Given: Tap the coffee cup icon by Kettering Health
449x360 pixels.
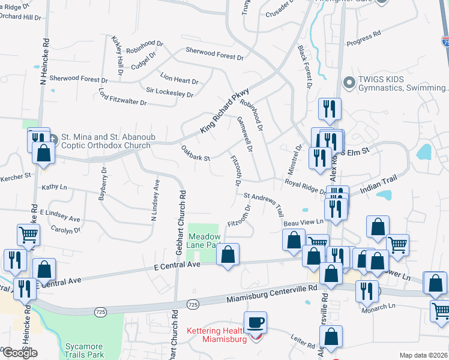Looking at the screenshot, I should (256, 323).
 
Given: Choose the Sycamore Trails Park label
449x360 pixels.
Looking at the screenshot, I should (84, 350).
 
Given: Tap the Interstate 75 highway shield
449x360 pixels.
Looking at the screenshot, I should (445, 42).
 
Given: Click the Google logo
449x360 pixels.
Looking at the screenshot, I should (19, 353).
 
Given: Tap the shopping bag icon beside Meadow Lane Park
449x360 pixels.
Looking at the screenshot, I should (228, 255).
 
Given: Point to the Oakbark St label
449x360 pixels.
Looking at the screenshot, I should (194, 154).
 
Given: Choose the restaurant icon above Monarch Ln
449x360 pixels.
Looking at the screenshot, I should (367, 291).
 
